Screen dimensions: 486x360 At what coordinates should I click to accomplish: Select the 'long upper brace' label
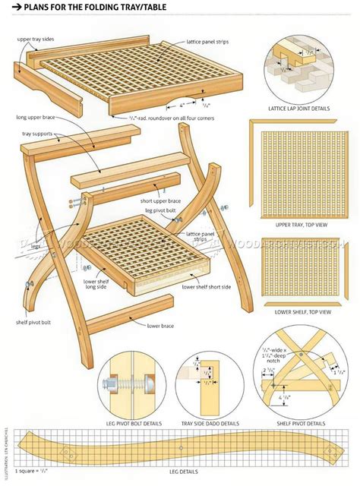(39, 118)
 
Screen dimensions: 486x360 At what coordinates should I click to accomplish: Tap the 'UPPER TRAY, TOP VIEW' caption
(299, 225)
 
